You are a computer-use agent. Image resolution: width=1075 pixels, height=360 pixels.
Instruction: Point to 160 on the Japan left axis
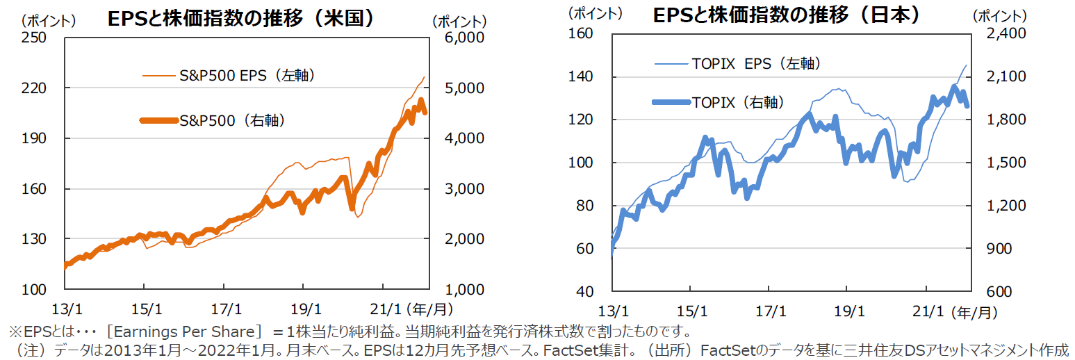click(x=582, y=33)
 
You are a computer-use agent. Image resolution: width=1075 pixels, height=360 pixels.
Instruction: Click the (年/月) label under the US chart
click(x=421, y=306)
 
